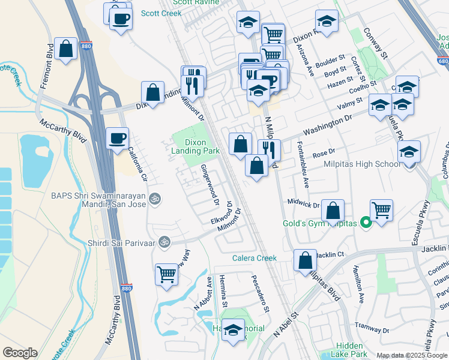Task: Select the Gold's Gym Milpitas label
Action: [x=320, y=224]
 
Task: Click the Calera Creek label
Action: [x=255, y=258]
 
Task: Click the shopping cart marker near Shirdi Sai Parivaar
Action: [x=167, y=275]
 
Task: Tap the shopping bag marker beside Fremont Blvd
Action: [x=65, y=49]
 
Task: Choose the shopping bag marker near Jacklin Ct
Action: [x=305, y=260]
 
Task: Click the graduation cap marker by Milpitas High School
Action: [x=409, y=152]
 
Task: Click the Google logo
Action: [x=20, y=353]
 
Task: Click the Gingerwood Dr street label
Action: [x=209, y=184]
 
